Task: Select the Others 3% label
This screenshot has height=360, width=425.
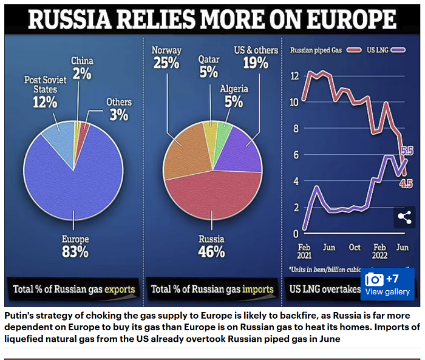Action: click(x=118, y=108)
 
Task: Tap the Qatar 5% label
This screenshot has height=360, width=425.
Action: click(x=208, y=66)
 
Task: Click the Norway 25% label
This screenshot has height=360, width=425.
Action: click(x=166, y=56)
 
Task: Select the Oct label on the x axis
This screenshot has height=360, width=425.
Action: click(x=354, y=248)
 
